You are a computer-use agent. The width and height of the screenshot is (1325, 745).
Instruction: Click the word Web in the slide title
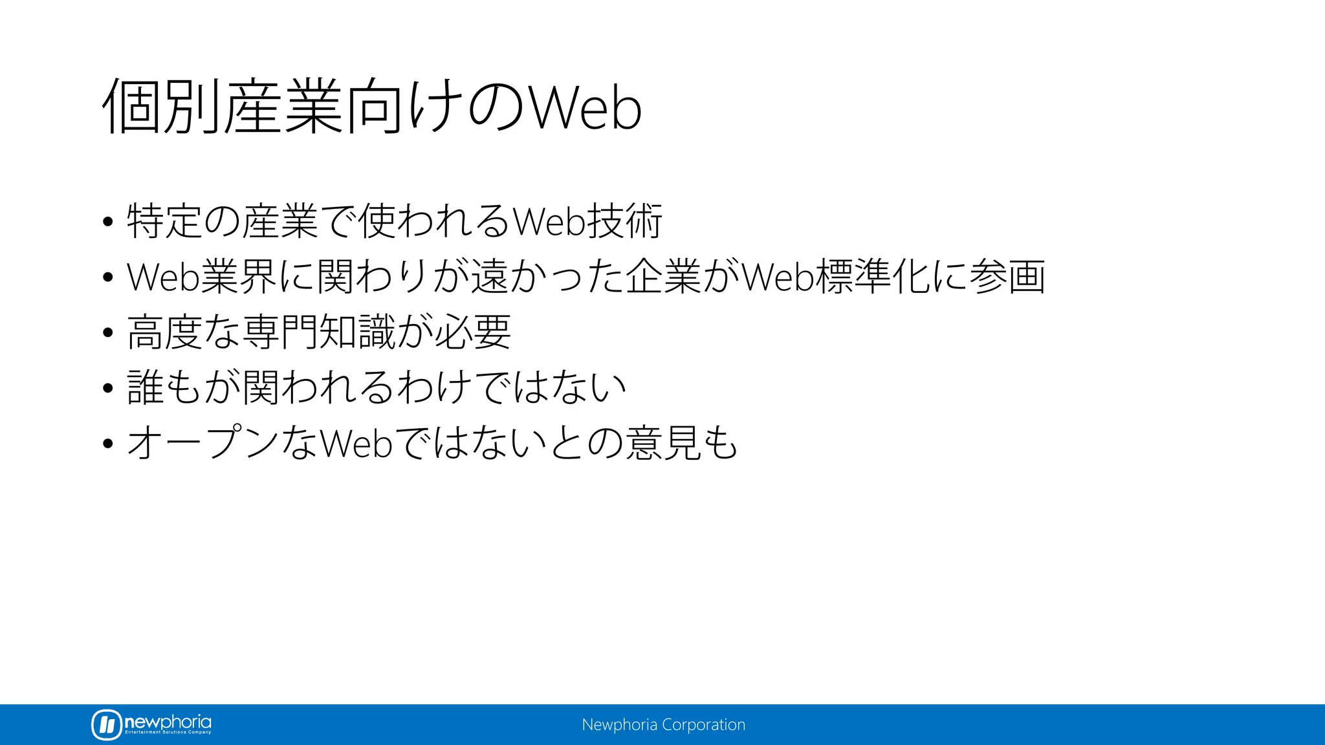click(586, 107)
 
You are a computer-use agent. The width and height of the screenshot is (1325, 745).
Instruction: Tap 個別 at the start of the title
click(161, 106)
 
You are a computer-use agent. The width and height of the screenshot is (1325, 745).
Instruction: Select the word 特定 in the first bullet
click(164, 221)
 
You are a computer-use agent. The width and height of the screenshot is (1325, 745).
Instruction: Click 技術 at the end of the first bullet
click(624, 221)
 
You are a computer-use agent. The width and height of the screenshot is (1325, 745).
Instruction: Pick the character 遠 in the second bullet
click(489, 277)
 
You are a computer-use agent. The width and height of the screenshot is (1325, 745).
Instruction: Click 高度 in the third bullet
click(164, 332)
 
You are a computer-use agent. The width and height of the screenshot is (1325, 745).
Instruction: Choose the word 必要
click(473, 332)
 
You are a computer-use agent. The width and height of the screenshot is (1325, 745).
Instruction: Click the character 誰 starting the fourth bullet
click(146, 388)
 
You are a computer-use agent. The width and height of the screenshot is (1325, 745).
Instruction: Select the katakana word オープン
click(203, 444)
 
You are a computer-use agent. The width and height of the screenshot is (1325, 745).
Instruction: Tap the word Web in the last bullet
click(356, 444)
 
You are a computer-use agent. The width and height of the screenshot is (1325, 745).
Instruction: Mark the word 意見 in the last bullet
click(664, 444)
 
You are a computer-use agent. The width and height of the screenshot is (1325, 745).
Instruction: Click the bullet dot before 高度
click(108, 333)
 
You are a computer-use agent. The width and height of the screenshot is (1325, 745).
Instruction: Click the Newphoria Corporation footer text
click(663, 724)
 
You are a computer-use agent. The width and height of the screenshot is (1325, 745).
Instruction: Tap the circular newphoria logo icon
click(107, 724)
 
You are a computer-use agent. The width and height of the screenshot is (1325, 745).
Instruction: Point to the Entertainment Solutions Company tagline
click(168, 732)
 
